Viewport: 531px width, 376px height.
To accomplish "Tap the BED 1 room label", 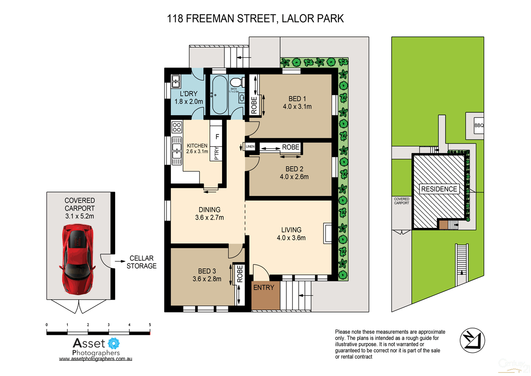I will (x=297, y=98).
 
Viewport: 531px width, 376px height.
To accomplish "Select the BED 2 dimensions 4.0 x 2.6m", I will (x=297, y=176).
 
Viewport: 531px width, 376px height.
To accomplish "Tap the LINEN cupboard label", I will (x=250, y=146).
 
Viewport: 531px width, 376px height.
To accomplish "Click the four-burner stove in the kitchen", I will (x=177, y=127).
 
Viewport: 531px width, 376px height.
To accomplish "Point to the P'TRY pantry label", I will (x=216, y=153).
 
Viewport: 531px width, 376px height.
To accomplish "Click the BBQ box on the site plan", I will (x=479, y=125).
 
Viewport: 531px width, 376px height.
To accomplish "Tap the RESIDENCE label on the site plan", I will (x=439, y=189).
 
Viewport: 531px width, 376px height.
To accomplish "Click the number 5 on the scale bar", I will (x=150, y=325).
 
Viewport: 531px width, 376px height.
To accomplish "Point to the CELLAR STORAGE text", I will (x=142, y=262).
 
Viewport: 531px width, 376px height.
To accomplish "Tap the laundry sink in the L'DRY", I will (x=175, y=81).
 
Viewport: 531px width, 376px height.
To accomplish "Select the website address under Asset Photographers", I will (x=96, y=359).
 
